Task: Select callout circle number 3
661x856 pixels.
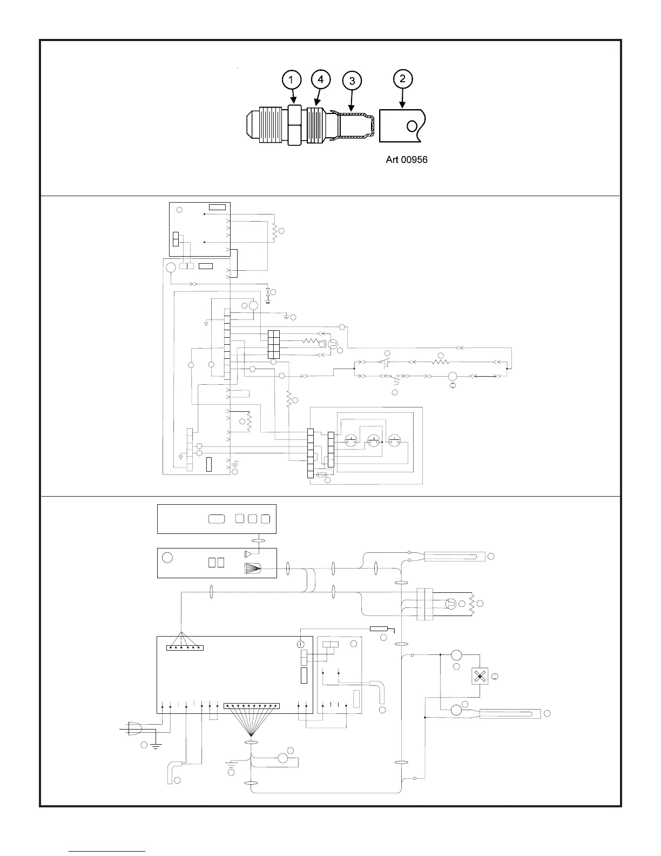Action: (352, 82)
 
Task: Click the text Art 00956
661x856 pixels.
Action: (406, 160)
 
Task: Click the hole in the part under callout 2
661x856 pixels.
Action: (412, 126)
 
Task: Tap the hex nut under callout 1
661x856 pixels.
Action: (294, 125)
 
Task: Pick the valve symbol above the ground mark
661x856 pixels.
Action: (268, 292)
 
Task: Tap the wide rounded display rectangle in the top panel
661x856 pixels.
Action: (216, 519)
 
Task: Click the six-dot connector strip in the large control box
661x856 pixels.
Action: (185, 647)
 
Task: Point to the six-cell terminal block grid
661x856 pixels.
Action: (273, 344)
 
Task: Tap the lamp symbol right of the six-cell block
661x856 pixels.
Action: (333, 344)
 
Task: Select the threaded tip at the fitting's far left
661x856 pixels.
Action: (252, 125)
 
